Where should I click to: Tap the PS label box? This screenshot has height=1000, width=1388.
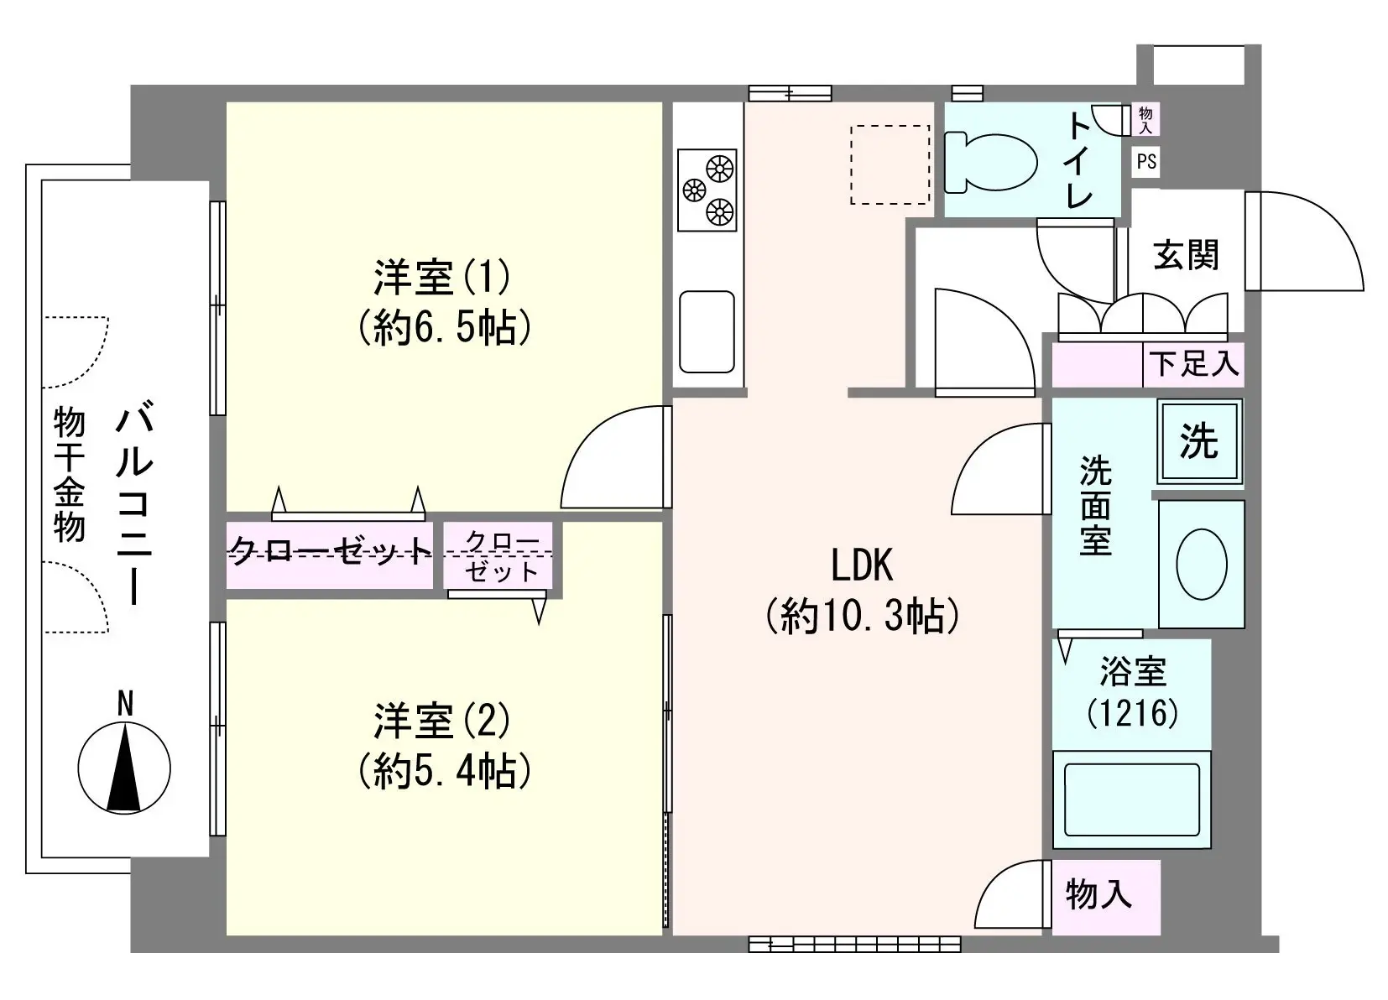pyautogui.click(x=1145, y=162)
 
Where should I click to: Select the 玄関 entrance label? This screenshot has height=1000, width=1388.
pyautogui.click(x=1186, y=255)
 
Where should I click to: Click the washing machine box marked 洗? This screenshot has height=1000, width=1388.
pyautogui.click(x=1200, y=441)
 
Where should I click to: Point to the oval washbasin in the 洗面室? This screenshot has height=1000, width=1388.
pyautogui.click(x=1202, y=565)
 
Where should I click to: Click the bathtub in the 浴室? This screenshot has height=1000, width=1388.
pyautogui.click(x=1132, y=799)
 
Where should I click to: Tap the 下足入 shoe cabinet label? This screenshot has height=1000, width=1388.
pyautogui.click(x=1194, y=363)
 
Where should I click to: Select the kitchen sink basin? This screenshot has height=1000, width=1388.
pyautogui.click(x=707, y=331)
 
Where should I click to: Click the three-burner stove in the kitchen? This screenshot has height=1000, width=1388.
pyautogui.click(x=707, y=190)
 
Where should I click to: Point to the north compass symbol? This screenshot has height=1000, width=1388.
pyautogui.click(x=124, y=758)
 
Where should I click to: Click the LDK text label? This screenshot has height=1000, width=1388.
pyautogui.click(x=862, y=565)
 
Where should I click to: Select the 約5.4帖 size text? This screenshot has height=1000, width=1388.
pyautogui.click(x=444, y=770)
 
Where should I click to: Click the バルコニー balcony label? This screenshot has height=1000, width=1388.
pyautogui.click(x=134, y=503)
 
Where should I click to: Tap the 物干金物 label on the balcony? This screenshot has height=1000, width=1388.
pyautogui.click(x=69, y=475)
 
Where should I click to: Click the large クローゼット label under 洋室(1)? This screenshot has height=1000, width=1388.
pyautogui.click(x=331, y=549)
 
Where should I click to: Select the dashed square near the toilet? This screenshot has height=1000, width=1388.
pyautogui.click(x=890, y=164)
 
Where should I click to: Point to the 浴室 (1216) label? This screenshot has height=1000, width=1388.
pyautogui.click(x=1133, y=692)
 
